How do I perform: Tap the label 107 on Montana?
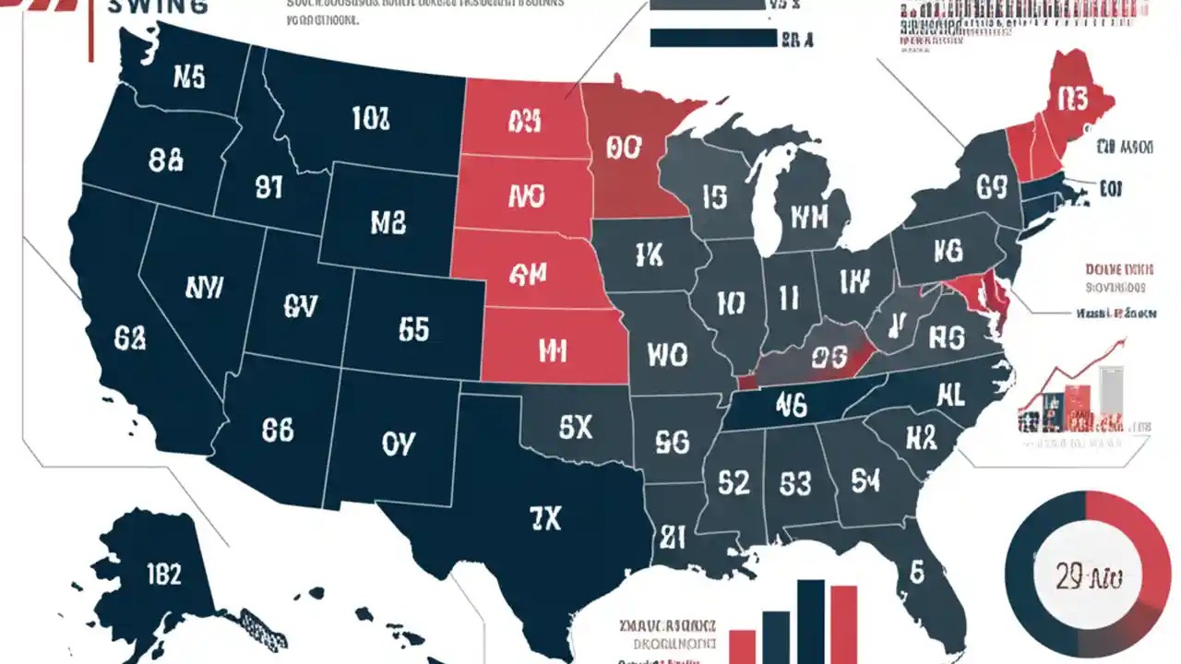(x=371, y=117)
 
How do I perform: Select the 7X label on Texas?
(x=544, y=519)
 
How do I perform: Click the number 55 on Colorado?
(x=414, y=328)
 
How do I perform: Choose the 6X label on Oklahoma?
(x=576, y=426)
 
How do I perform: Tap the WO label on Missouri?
(x=667, y=354)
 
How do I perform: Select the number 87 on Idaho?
(x=268, y=188)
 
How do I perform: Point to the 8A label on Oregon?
(x=166, y=160)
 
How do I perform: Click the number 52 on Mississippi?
(x=734, y=482)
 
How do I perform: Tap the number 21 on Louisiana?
(x=671, y=536)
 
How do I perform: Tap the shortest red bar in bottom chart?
(x=742, y=646)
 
